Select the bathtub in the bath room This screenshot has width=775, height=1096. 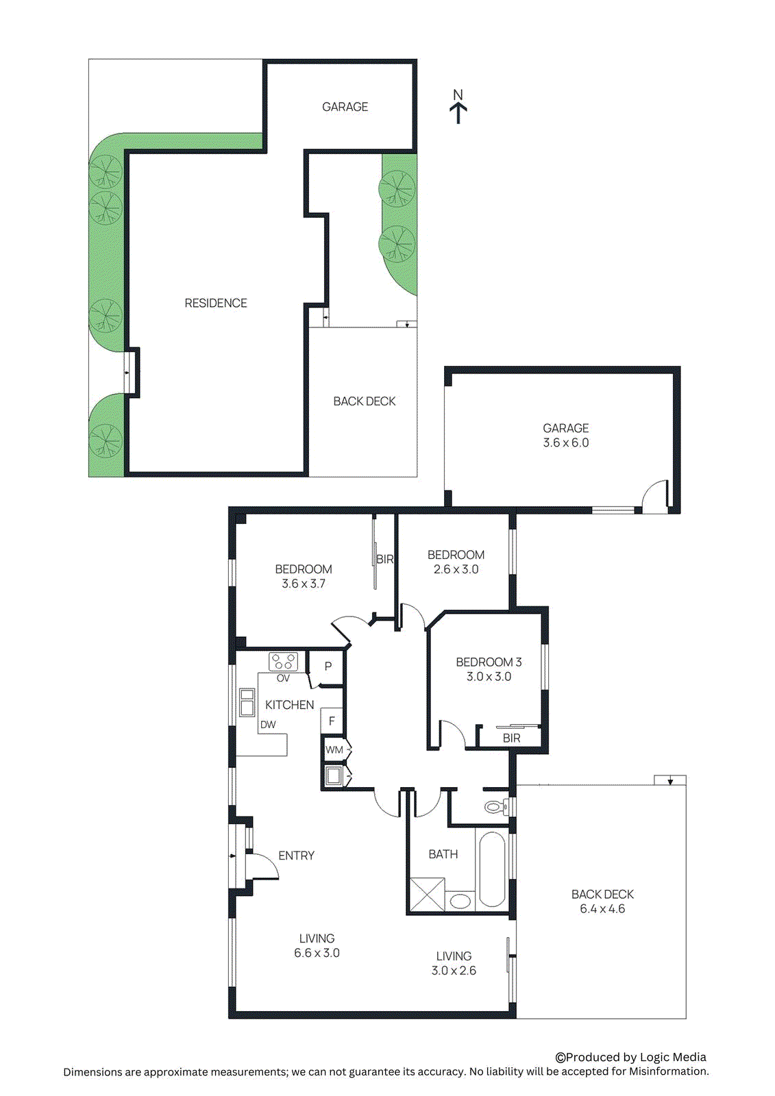coord(492,868)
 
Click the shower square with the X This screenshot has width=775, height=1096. coord(426,894)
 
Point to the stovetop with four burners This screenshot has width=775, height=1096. coord(283,662)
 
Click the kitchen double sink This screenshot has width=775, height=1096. coord(247,703)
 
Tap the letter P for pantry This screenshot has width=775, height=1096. coord(328,667)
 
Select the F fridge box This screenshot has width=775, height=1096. coord(332,721)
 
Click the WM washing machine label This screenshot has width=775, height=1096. coord(334,750)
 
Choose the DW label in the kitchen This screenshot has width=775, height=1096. coord(268,725)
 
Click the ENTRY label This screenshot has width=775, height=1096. coord(296,856)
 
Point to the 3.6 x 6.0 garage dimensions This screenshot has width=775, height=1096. coord(565,443)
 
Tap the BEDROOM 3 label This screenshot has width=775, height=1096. coord(489,662)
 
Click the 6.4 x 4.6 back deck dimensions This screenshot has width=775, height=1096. coord(602,909)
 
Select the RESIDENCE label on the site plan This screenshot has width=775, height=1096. coord(216,303)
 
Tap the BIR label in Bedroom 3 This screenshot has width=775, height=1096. coord(511,738)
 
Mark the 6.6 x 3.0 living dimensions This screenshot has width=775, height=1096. coord(317,953)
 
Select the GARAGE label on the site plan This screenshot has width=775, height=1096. coord(345,107)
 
